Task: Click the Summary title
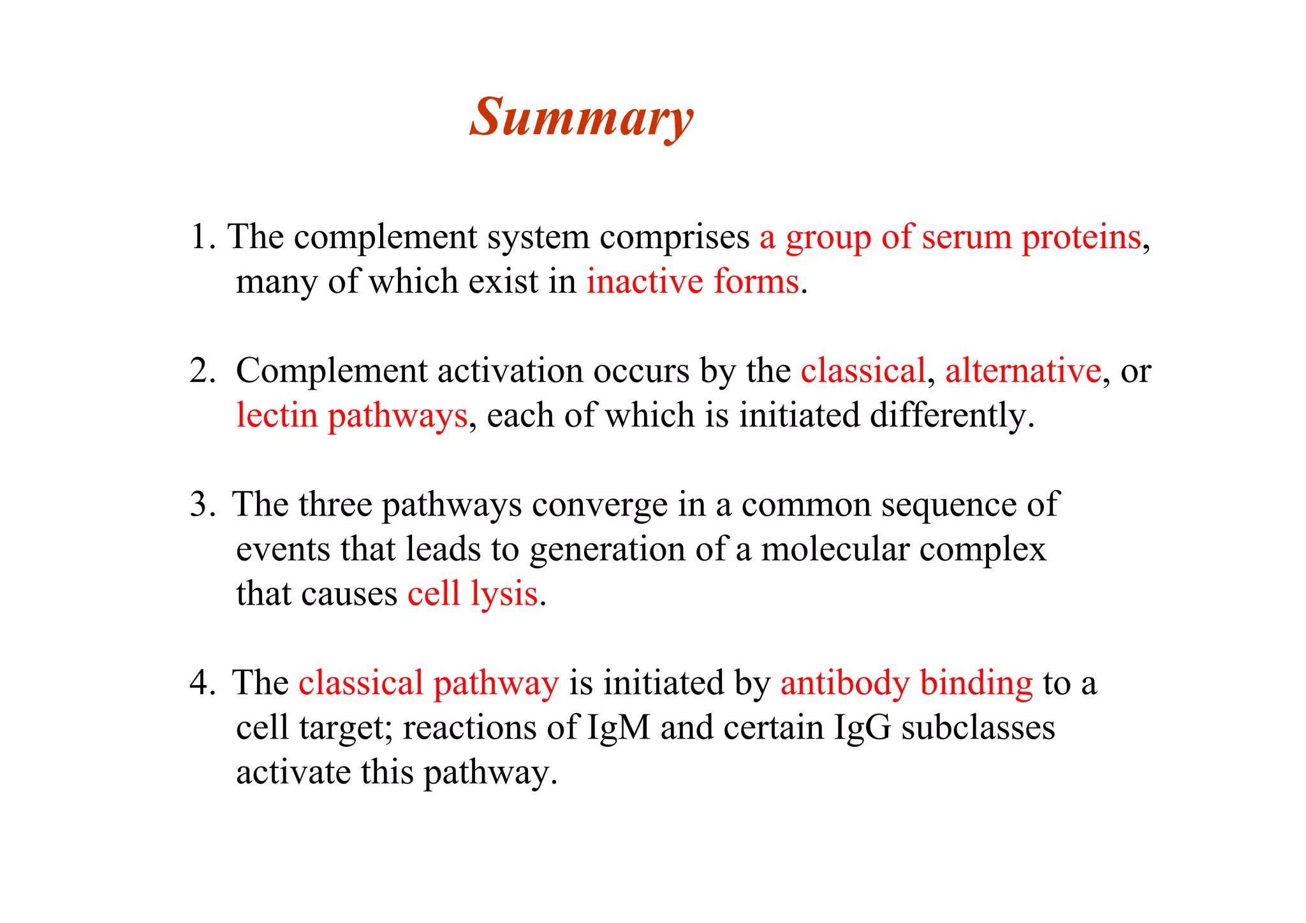581,118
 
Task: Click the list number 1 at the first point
203,237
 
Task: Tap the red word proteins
1082,237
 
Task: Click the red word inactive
645,282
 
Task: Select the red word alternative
1023,371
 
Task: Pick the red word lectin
277,415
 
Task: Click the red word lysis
504,595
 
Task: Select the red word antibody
844,683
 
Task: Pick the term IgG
862,728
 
